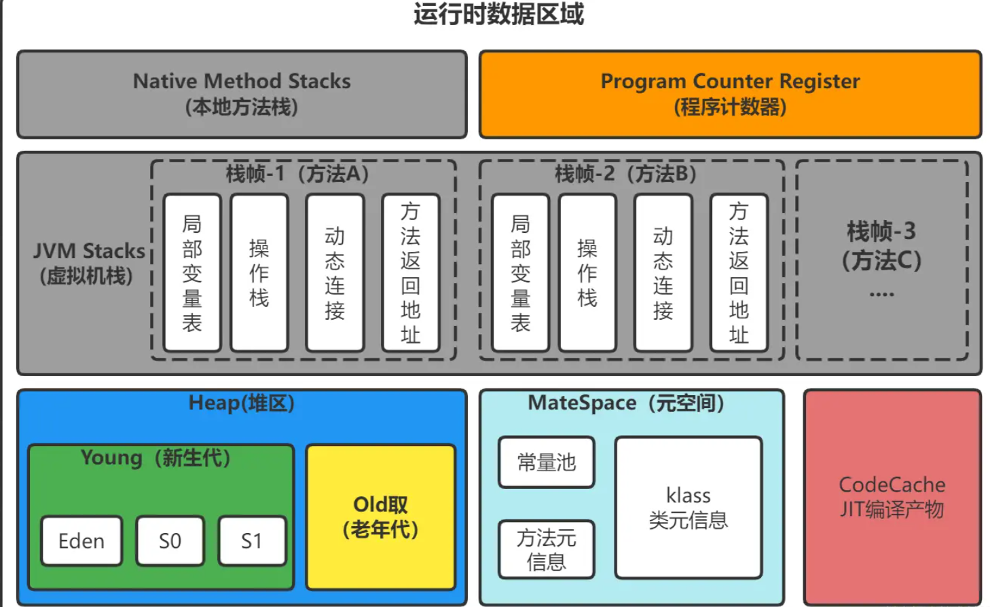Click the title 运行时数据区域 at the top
[498, 14]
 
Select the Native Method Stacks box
[242, 94]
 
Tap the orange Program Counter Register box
[730, 94]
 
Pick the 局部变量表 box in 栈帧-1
[192, 273]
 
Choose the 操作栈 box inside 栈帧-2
[587, 273]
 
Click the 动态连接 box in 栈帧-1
[335, 273]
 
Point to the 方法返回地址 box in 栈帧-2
[739, 273]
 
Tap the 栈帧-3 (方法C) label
[881, 246]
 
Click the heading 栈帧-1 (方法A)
[297, 174]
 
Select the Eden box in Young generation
[81, 541]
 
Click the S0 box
[170, 541]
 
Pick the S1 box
[252, 541]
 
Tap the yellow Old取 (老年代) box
[380, 517]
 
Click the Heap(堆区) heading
[242, 403]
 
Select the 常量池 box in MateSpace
[546, 462]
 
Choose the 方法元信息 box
[546, 549]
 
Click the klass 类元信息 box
[688, 508]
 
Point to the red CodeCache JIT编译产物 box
[892, 497]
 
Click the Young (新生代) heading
[155, 458]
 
